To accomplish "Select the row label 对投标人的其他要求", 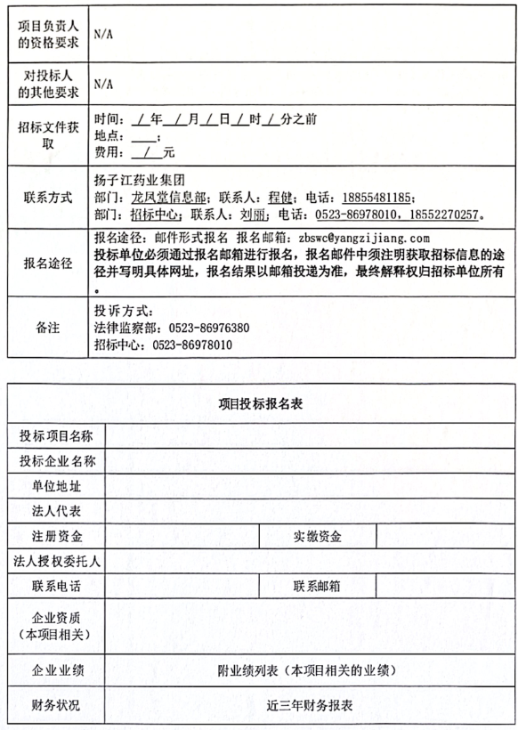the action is [48, 84].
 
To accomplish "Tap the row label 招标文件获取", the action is [48, 135].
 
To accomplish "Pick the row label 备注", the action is [48, 328].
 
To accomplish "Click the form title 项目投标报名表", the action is [261, 403].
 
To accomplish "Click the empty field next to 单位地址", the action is [308, 486].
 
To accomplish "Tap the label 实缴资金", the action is [317, 536].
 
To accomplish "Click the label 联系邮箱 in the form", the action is [317, 587].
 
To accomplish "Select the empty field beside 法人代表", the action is [308, 511].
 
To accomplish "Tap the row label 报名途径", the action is [48, 264].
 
